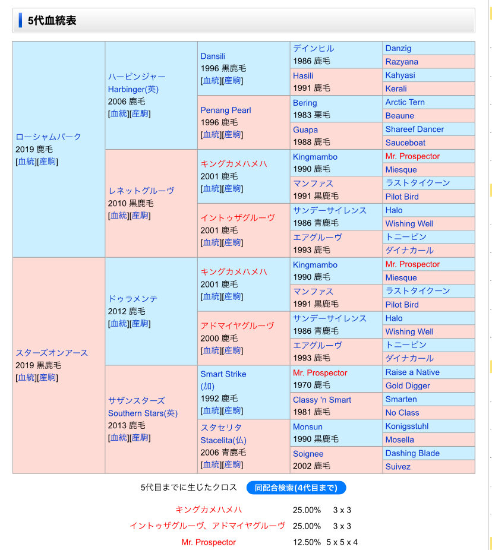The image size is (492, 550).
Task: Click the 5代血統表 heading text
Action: (x=52, y=21)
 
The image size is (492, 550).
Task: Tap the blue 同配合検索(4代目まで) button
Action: (x=296, y=488)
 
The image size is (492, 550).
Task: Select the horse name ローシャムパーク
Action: (x=49, y=137)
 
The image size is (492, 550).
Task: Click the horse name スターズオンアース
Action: (x=52, y=353)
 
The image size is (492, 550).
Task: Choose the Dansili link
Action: (x=213, y=56)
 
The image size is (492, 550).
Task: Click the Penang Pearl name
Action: (x=226, y=110)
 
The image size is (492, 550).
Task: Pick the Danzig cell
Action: (x=398, y=48)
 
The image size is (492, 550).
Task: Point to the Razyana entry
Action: (x=402, y=62)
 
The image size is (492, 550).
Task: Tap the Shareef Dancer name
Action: (x=415, y=129)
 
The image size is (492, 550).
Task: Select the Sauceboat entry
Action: (x=405, y=143)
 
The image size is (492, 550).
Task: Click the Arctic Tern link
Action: (x=405, y=102)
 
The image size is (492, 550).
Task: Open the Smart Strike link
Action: (x=223, y=374)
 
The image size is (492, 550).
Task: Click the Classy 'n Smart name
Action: (x=322, y=400)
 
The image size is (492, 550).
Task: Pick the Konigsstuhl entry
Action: (x=407, y=426)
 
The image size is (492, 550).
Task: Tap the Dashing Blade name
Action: (x=412, y=453)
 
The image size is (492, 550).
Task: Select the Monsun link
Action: (x=308, y=427)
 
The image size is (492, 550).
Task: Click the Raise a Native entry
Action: (x=412, y=372)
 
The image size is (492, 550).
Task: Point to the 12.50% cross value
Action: (x=307, y=542)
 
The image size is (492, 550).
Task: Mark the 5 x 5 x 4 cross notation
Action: (x=342, y=542)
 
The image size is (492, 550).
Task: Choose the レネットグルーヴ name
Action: (x=141, y=191)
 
